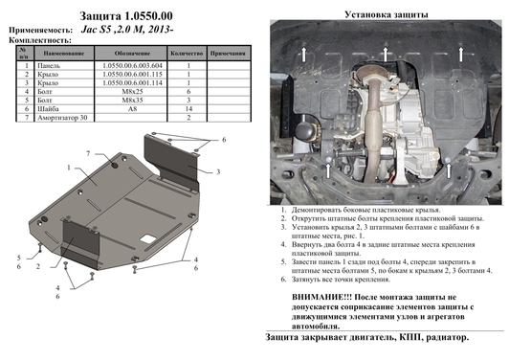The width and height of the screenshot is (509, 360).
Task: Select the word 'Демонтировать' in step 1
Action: [312, 208]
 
